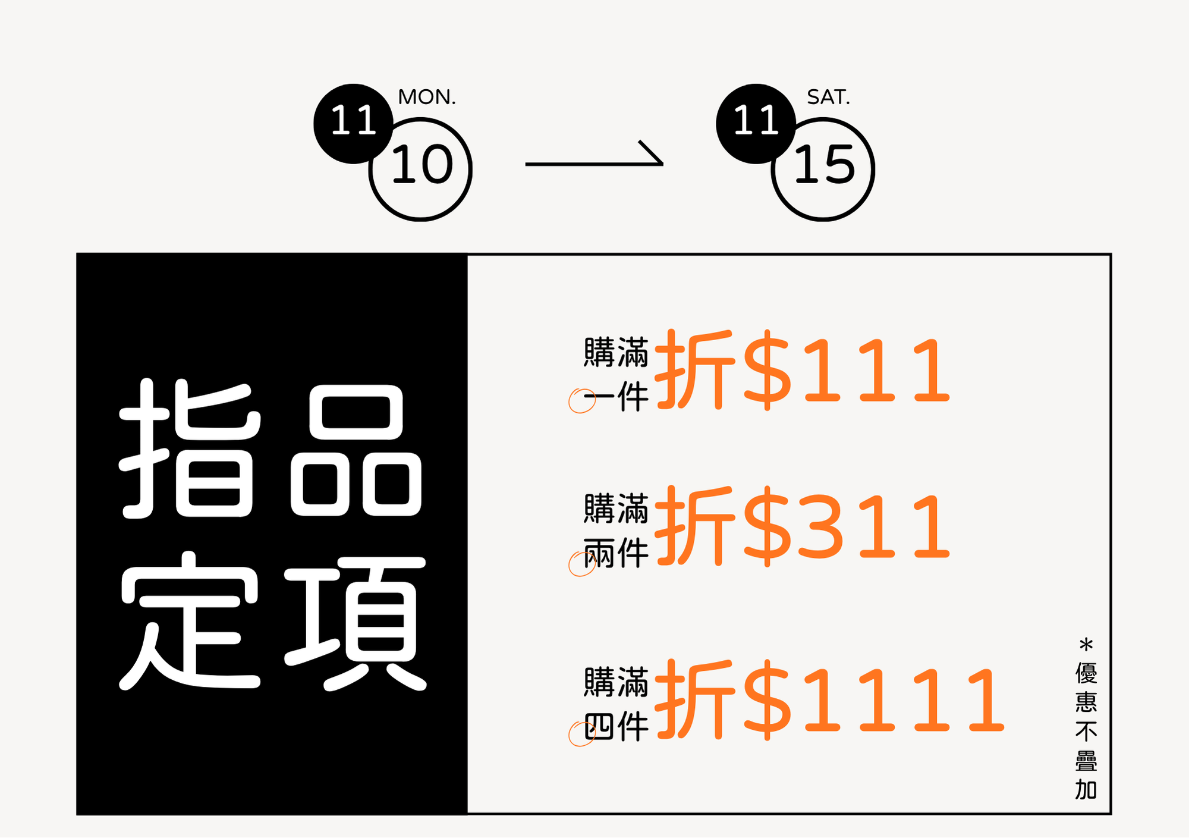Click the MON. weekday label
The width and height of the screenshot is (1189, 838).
pyautogui.click(x=427, y=97)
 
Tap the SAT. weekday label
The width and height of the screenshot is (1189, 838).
pyautogui.click(x=828, y=97)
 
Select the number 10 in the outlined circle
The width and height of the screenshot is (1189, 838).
pyautogui.click(x=422, y=165)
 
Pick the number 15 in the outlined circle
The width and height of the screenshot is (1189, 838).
pyautogui.click(x=825, y=165)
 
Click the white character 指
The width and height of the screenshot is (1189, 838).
pyautogui.click(x=190, y=449)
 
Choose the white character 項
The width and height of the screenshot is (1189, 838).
pyautogui.click(x=356, y=622)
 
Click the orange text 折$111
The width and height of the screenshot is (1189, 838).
pyautogui.click(x=802, y=370)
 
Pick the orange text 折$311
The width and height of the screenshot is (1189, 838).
pyautogui.click(x=802, y=526)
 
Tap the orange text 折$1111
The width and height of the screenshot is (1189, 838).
pyautogui.click(x=829, y=700)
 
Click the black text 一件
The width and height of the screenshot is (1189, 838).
pyautogui.click(x=616, y=397)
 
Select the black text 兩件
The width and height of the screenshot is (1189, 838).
pyautogui.click(x=616, y=553)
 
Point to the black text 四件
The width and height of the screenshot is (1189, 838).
pyautogui.click(x=616, y=727)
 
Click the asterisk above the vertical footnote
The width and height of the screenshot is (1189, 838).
pyautogui.click(x=1086, y=645)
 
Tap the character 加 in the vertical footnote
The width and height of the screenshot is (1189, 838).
pyautogui.click(x=1086, y=790)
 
